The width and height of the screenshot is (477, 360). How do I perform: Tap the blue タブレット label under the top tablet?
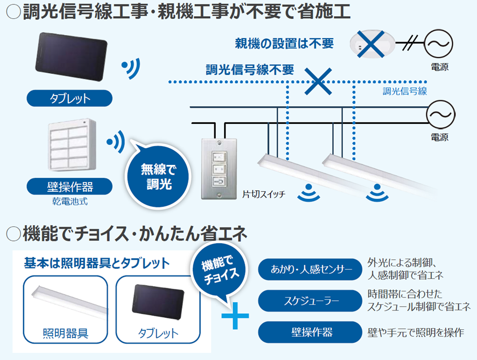pos(70,99)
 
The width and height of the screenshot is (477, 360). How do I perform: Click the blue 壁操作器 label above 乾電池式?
pos(70,186)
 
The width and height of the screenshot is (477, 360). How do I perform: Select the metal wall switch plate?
pos(220,167)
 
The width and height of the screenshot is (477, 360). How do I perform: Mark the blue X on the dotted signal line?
pos(318,82)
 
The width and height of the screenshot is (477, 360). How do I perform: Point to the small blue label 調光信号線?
pos(404,91)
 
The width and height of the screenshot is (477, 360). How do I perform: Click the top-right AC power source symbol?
pos(439,43)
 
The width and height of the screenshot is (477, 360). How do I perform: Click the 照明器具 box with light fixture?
pos(65,309)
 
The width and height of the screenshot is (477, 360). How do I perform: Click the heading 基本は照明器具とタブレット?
pos(97,264)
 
